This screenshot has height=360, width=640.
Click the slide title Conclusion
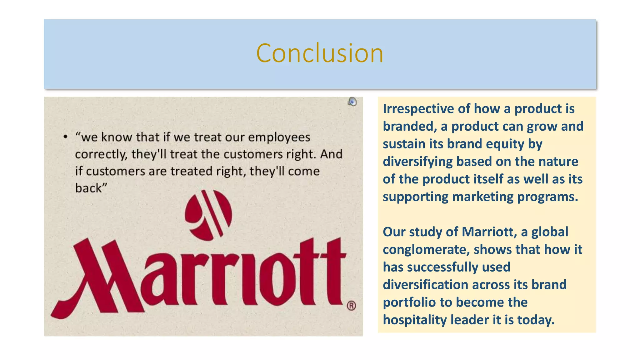click(320, 53)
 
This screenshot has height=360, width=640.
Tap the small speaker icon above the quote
click(352, 102)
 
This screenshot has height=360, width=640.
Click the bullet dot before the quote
click(65, 137)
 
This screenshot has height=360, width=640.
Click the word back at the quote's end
click(89, 188)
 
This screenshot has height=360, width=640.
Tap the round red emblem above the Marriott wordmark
click(208, 215)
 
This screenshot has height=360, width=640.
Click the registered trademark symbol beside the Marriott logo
click(351, 306)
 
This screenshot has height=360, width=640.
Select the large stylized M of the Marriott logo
click(97, 278)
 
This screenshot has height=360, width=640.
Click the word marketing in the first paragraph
click(482, 197)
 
